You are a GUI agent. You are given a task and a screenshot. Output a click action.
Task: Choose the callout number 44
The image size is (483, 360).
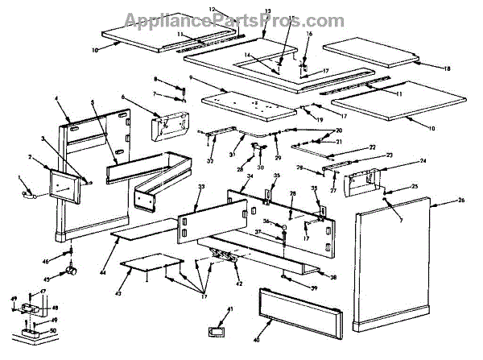103,251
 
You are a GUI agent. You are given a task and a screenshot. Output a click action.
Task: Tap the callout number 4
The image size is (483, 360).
58,98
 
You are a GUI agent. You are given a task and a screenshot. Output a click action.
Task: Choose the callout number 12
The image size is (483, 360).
213,8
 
